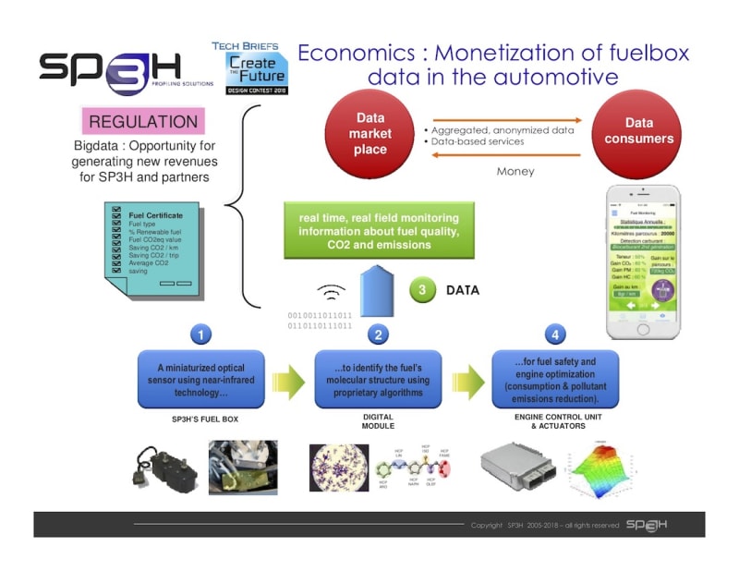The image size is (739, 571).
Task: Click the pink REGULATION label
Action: click(x=143, y=121)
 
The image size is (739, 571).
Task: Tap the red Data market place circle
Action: click(x=370, y=133)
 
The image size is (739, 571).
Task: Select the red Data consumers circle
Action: click(x=638, y=131)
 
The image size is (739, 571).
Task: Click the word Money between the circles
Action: click(x=515, y=171)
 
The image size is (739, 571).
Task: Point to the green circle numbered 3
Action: click(x=423, y=290)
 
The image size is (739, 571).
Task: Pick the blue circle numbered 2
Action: click(x=378, y=334)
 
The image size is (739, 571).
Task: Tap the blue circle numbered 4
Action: click(x=555, y=334)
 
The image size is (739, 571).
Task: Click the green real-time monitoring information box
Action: click(x=378, y=231)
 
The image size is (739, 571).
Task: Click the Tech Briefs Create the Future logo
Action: click(x=249, y=66)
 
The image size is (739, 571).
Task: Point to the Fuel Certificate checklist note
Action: click(x=152, y=244)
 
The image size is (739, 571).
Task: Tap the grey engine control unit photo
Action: click(x=518, y=472)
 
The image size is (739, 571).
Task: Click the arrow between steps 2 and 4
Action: click(x=467, y=380)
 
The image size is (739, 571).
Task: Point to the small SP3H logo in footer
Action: click(x=647, y=525)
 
